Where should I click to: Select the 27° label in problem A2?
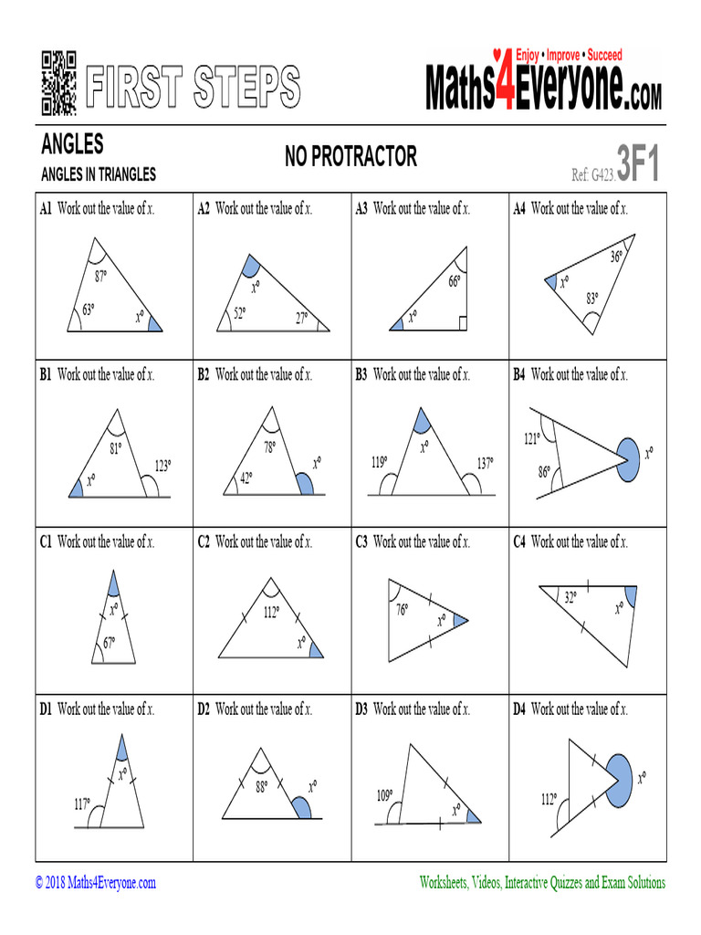(301, 318)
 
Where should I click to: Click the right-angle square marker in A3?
(463, 322)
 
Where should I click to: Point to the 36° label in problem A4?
(617, 257)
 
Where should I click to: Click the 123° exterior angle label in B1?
(162, 466)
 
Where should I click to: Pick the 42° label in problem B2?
(246, 477)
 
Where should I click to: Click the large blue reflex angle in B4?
(629, 452)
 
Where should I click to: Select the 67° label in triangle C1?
(109, 643)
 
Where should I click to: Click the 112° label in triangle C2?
(271, 613)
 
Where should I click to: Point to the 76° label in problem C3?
(402, 610)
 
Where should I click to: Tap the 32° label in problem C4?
(570, 599)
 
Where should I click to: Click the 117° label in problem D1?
(82, 804)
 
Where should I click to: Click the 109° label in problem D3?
(384, 795)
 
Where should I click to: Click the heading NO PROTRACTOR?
(350, 157)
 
